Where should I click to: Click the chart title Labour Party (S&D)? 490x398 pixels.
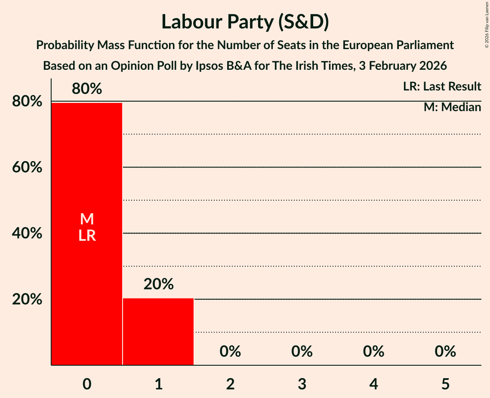(x=245, y=22)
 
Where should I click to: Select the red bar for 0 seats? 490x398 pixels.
(x=87, y=280)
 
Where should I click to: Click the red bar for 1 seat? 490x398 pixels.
(x=158, y=332)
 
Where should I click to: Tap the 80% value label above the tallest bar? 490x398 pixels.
(x=87, y=89)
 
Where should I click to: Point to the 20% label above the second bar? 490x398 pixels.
(x=158, y=284)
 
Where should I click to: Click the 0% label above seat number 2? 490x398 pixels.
(x=230, y=351)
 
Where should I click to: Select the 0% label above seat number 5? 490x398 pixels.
(x=445, y=351)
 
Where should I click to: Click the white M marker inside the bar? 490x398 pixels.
(x=87, y=219)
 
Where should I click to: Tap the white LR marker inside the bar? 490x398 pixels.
(x=87, y=236)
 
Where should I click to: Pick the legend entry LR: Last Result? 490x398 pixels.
(x=442, y=87)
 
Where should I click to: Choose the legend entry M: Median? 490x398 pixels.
(x=452, y=107)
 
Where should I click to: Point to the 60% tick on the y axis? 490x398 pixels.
(x=27, y=167)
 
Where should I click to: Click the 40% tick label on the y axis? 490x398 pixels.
(x=27, y=233)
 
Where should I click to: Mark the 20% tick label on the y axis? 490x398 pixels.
(x=27, y=299)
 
